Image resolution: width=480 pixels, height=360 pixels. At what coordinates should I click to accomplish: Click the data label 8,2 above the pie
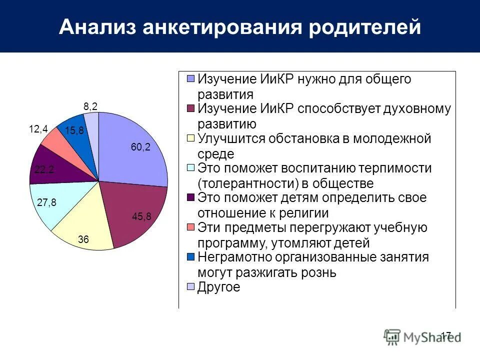(90, 106)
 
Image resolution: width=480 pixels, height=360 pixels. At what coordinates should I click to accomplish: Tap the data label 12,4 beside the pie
(38, 129)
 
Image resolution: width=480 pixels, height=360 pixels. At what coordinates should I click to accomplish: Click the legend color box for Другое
(190, 287)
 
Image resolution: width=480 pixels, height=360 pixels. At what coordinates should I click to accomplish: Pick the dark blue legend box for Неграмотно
(190, 257)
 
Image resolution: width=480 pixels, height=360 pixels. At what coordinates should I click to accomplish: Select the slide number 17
(446, 334)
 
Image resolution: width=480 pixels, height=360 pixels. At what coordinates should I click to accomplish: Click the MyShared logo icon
(392, 336)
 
